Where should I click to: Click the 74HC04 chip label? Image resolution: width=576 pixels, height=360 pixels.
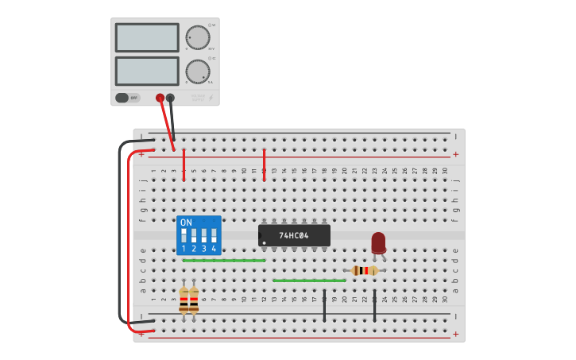tap(294, 235)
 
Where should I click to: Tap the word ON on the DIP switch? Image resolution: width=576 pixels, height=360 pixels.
tap(186, 223)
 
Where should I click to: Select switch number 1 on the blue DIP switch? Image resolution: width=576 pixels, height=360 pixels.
tap(184, 236)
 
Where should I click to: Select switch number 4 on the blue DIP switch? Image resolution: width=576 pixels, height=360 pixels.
tap(214, 236)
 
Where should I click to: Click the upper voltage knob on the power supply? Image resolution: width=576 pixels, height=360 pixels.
tap(197, 37)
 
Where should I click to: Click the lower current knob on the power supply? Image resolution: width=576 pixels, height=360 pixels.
tap(197, 72)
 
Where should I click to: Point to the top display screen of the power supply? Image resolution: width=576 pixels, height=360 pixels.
tap(147, 37)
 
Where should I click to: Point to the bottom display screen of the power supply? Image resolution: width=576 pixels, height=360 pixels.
tap(147, 71)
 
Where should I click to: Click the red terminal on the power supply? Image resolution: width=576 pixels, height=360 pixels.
tap(160, 98)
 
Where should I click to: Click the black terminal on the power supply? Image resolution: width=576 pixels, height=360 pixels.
tap(170, 98)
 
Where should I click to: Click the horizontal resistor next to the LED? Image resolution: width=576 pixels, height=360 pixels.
tap(365, 270)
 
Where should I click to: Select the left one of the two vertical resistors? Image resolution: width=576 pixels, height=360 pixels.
tap(184, 300)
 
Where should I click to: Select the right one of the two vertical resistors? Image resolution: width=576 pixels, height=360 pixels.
tap(194, 300)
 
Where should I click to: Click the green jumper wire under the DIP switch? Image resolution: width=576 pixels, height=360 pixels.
tap(223, 260)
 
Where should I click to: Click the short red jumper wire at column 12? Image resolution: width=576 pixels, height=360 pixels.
tap(264, 164)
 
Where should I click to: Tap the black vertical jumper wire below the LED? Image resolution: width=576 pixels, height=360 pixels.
tap(374, 305)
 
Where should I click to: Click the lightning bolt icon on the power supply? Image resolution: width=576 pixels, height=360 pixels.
tap(210, 98)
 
